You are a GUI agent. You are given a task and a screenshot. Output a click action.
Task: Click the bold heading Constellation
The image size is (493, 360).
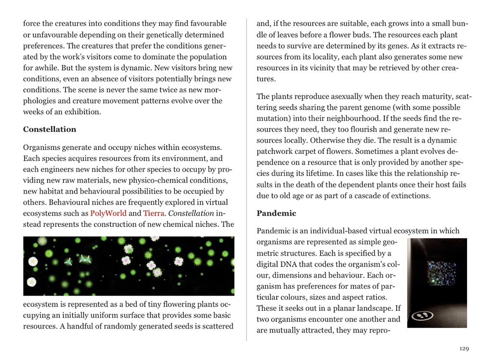[x=50, y=129]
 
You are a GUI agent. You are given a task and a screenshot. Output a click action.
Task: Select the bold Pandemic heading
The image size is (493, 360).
[x=276, y=213]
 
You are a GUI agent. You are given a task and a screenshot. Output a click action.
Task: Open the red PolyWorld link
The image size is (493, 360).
[x=108, y=213]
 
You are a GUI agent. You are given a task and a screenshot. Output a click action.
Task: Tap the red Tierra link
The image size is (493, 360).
[x=154, y=213]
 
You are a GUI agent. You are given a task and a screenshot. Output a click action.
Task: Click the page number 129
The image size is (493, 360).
[x=464, y=349]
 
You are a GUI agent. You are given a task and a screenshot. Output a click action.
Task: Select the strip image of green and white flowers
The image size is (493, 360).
[x=129, y=266]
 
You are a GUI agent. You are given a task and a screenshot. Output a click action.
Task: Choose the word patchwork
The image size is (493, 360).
[x=276, y=152]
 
